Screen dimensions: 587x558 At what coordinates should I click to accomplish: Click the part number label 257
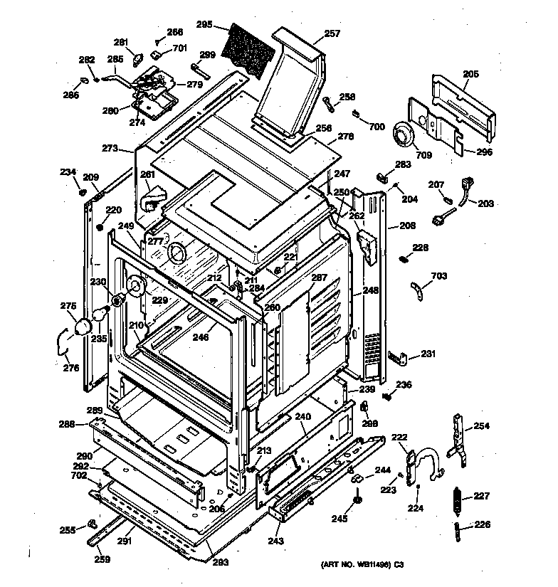[332, 33]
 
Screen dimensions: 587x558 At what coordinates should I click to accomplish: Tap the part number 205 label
[470, 73]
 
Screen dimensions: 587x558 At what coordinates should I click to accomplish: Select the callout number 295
[205, 24]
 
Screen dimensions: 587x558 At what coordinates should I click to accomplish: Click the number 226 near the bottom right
[483, 527]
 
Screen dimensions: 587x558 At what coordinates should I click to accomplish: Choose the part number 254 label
[482, 426]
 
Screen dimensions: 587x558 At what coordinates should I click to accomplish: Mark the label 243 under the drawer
[275, 541]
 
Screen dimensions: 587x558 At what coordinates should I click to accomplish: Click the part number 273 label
[110, 149]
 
